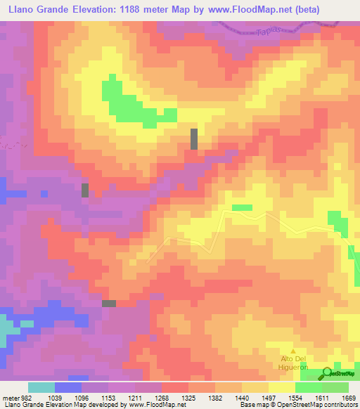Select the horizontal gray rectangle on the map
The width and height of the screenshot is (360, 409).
[x=109, y=303]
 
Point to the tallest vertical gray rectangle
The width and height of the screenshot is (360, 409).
[x=194, y=138]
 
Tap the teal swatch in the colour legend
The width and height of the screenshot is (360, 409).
[x=41, y=387]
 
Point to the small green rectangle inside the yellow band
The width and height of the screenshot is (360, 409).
[x=242, y=207]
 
